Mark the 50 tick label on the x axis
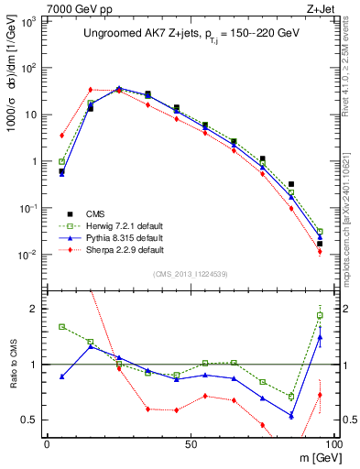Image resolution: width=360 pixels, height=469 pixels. click(191, 442)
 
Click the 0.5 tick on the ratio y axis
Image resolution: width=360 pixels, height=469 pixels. click(30, 420)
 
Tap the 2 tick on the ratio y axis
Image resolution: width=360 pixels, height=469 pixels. click(35, 310)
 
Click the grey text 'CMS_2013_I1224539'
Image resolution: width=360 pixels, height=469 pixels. click(191, 272)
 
